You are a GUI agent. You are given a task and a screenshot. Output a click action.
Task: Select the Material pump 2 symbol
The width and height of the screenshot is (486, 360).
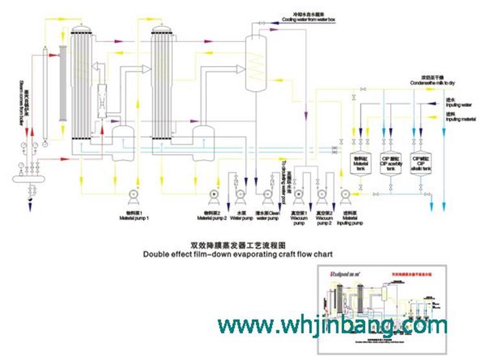(214, 194)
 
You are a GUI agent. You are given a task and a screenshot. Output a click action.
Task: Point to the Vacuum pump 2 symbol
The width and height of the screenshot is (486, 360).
(323, 194)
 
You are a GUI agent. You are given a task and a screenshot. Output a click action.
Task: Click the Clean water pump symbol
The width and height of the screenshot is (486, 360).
(266, 194)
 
